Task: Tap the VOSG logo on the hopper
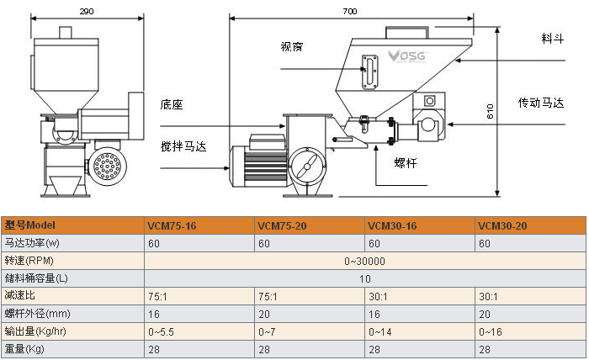point(407,57)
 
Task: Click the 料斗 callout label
point(552,40)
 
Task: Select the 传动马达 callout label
point(546,103)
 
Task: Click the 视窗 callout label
point(291,47)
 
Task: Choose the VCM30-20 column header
point(502,225)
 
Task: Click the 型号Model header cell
point(30,225)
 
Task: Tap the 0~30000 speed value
point(364,261)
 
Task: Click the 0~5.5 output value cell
point(162,331)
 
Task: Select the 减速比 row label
point(20,296)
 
